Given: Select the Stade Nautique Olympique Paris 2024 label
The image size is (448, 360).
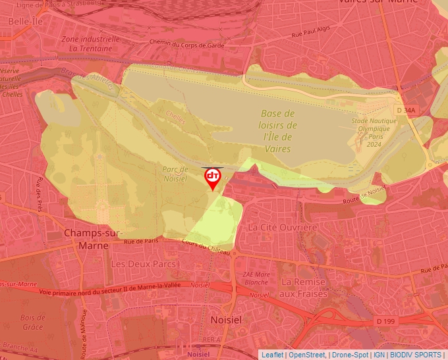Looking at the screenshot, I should coord(374,132).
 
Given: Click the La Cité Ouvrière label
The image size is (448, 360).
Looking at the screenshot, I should coord(282,227).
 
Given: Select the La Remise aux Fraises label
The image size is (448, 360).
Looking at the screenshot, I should coord(304,288).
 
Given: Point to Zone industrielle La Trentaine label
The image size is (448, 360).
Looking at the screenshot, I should coord(90,43).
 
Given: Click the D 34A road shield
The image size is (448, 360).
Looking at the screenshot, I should coord(406,111).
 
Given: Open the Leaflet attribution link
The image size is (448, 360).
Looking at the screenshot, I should coord(272,355).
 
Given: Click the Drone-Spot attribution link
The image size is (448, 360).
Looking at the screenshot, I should coord(350,355).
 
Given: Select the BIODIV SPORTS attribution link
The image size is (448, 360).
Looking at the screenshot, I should coord(415,355).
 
